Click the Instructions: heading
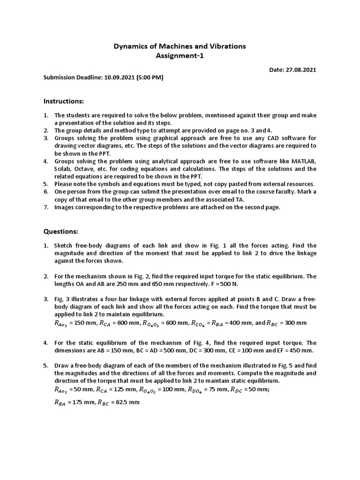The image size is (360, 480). point(64,101)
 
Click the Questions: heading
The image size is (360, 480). point(61,231)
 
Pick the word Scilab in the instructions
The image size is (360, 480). point(63,169)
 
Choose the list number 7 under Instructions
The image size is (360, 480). point(46,207)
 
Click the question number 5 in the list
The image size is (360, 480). point(46,366)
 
